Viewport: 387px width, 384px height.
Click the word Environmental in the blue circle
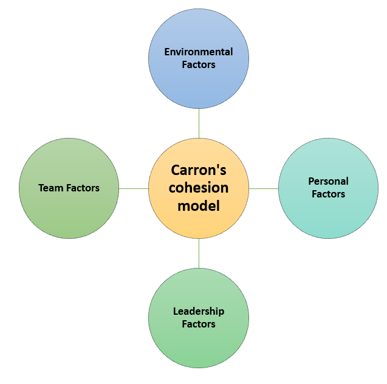pos(199,52)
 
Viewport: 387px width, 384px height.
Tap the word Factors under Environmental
pos(199,64)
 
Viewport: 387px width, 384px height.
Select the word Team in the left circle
pos(50,188)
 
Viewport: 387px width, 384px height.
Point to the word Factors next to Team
pos(81,188)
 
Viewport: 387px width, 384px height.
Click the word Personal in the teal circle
pos(328,181)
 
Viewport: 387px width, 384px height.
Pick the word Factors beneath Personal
pos(328,194)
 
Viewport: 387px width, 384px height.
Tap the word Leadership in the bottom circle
pos(199,311)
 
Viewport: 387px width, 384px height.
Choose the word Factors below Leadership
pos(199,324)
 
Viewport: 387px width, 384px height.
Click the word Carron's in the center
pos(199,170)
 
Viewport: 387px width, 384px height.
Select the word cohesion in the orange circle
pos(199,188)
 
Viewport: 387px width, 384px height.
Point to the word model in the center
pos(199,206)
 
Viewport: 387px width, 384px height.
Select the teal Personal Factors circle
pos(328,219)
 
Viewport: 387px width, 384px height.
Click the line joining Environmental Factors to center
pos(199,124)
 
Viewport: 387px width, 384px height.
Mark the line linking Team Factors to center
pos(134,188)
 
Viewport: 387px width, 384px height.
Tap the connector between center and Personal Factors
pos(264,188)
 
